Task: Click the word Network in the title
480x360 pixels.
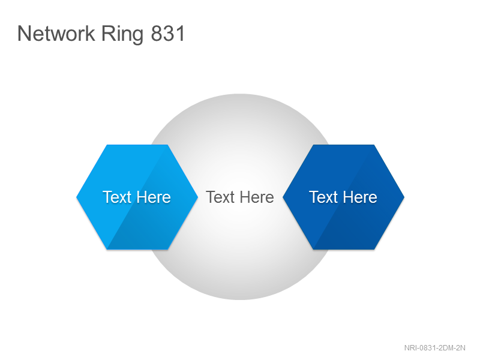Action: pyautogui.click(x=56, y=33)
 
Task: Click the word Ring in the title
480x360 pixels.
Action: pyautogui.click(x=122, y=35)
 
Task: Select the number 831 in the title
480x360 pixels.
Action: pyautogui.click(x=168, y=34)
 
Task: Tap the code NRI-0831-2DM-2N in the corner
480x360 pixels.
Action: pyautogui.click(x=434, y=348)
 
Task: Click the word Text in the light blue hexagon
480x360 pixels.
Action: pyautogui.click(x=117, y=197)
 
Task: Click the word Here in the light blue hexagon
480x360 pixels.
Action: pyautogui.click(x=154, y=197)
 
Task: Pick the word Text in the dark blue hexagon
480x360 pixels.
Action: pyautogui.click(x=323, y=197)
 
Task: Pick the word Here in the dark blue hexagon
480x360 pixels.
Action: pyautogui.click(x=360, y=197)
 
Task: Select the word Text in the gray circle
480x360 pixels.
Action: pyautogui.click(x=220, y=197)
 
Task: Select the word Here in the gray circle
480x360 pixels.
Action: pyautogui.click(x=257, y=197)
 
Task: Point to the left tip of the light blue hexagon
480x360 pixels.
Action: pyautogui.click(x=77, y=197)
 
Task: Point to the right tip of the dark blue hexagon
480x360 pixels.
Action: pyautogui.click(x=404, y=197)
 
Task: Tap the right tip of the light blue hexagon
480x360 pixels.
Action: pyautogui.click(x=198, y=197)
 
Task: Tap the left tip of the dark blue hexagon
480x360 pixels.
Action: pyautogui.click(x=283, y=197)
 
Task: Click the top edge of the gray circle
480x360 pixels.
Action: pyautogui.click(x=240, y=94)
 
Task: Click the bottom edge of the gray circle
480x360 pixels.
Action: pyautogui.click(x=240, y=299)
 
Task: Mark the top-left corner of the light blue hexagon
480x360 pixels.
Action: pyautogui.click(x=107, y=145)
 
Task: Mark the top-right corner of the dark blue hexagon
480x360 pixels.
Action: pyautogui.click(x=374, y=145)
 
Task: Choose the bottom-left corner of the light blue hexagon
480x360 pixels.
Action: pyautogui.click(x=107, y=249)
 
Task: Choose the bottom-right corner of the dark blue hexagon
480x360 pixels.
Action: pyautogui.click(x=374, y=249)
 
